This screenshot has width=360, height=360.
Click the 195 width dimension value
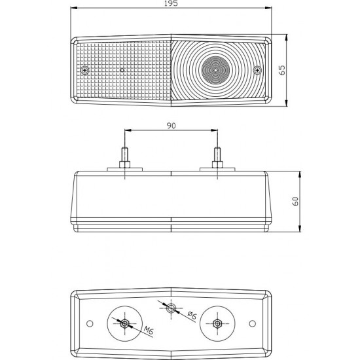pyautogui.click(x=171, y=3)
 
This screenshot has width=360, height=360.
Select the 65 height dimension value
pyautogui.click(x=281, y=70)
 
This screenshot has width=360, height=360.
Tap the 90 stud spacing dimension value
pyautogui.click(x=171, y=126)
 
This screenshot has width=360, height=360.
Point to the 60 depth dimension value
pyautogui.click(x=295, y=202)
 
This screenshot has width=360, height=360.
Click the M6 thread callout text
pyautogui.click(x=149, y=331)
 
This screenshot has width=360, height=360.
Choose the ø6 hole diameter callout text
pyautogui.click(x=192, y=315)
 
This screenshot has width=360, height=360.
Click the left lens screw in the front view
pyautogui.click(x=85, y=70)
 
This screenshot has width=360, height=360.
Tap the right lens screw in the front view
pyautogui.click(x=257, y=70)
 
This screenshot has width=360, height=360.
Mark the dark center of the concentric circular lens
pyautogui.click(x=215, y=70)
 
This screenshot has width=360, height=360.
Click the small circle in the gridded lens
pyautogui.click(x=122, y=70)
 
